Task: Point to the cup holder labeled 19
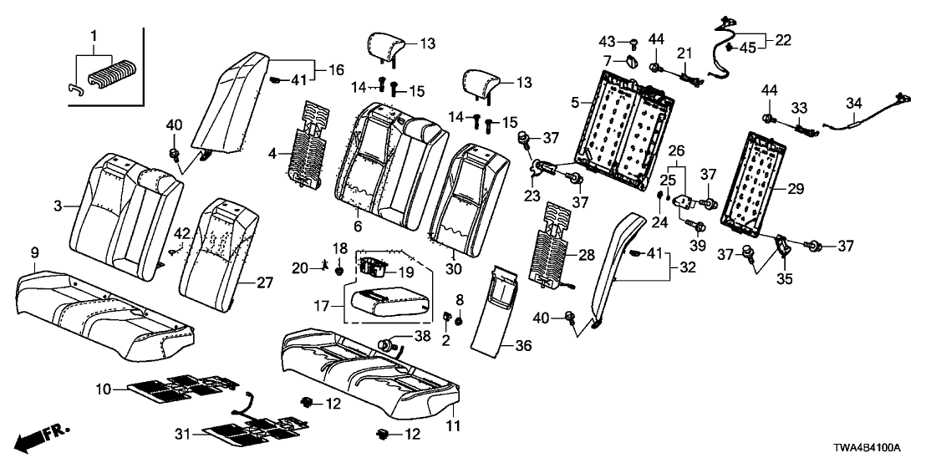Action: click(376, 267)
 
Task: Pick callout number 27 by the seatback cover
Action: click(264, 283)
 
